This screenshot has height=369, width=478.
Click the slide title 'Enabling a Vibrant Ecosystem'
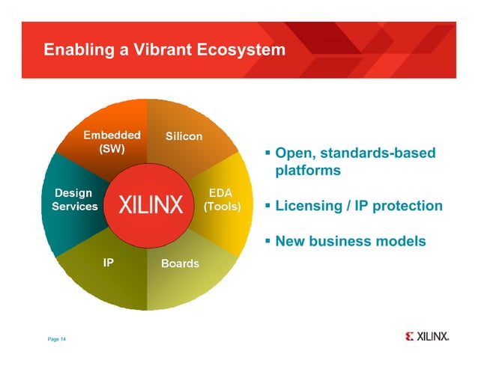164,50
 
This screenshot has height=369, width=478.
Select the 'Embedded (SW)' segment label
111,141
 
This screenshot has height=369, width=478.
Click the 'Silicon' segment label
184,136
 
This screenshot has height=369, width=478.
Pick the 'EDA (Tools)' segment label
223,199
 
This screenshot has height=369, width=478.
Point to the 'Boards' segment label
180,263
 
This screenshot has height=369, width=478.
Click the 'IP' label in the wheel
108,263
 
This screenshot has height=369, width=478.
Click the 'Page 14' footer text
57,340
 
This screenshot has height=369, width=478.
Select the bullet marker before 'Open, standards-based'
267,154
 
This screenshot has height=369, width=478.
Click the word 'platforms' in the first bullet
308,171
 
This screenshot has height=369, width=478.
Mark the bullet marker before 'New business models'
267,241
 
